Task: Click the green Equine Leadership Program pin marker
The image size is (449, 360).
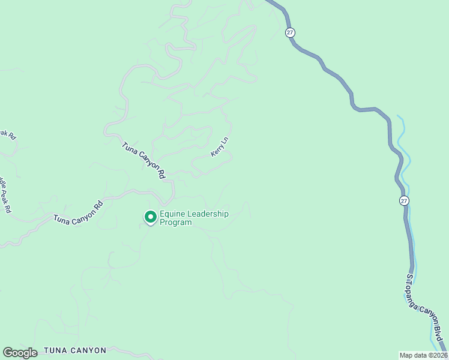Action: (150, 216)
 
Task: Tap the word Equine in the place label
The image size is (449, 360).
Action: (173, 214)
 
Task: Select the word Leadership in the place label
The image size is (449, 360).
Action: (209, 214)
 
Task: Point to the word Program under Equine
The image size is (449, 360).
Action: (176, 223)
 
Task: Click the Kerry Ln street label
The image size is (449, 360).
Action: (220, 147)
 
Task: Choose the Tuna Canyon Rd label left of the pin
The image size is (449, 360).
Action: (78, 211)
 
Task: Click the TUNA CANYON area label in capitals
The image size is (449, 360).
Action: (75, 350)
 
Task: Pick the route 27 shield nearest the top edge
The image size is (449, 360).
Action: (291, 33)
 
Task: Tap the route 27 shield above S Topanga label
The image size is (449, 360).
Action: (404, 200)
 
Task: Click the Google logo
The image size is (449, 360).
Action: (20, 353)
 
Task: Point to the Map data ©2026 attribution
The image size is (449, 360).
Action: (423, 355)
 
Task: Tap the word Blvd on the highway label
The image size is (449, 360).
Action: (441, 336)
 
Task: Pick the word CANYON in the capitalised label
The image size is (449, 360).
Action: (88, 350)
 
